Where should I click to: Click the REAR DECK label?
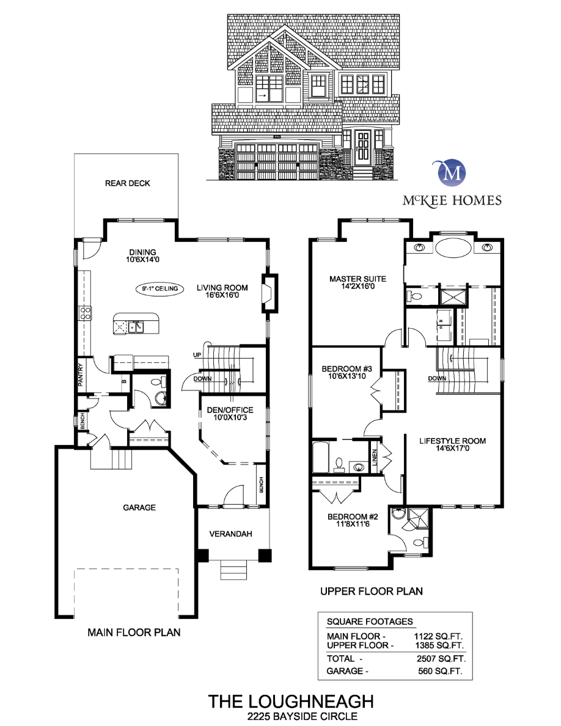(127, 183)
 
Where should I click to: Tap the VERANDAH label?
(231, 533)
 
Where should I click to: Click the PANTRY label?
(80, 375)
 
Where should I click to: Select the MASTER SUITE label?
(358, 282)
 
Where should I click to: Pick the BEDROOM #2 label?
(349, 519)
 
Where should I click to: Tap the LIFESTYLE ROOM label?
(452, 444)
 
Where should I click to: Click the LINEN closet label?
(374, 457)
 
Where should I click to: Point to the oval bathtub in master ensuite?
(453, 249)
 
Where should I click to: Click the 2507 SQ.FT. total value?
(440, 659)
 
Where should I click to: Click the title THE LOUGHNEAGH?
(281, 700)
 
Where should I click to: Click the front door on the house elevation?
(363, 147)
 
